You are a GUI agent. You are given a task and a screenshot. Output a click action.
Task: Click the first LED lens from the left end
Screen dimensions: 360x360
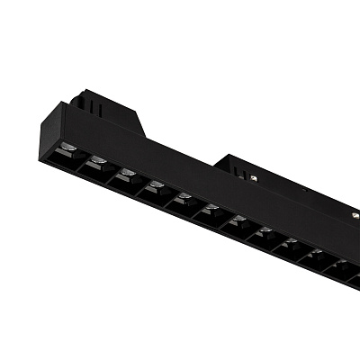[69, 148]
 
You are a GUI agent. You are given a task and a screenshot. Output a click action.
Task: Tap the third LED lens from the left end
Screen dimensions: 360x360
[127, 173]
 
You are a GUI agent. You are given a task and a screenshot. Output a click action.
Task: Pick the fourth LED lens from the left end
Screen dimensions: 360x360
[156, 185]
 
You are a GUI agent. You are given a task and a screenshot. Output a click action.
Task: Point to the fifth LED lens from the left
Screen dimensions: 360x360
[184, 197]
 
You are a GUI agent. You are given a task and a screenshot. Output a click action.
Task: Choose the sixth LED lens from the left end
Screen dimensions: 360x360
[211, 209]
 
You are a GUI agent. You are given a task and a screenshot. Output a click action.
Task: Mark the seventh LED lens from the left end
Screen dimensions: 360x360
[238, 220]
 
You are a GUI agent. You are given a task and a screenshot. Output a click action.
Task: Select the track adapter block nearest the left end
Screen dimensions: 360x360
[108, 108]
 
